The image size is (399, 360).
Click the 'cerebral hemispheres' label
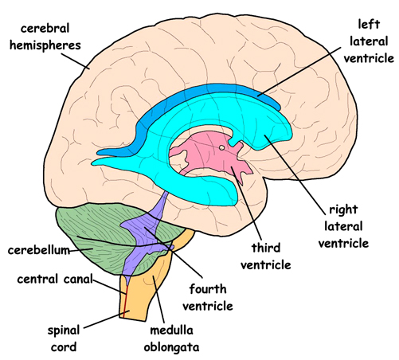(45, 37)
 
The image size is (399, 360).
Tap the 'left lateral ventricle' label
(369, 41)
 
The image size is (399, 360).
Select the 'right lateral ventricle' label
(343, 226)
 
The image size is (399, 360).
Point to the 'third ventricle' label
(266, 256)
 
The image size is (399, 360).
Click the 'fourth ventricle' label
(208, 297)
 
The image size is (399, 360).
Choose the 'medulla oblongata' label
(171, 338)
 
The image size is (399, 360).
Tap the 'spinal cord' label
(64, 338)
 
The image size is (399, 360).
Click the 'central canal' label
(55, 279)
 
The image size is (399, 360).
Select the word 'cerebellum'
(39, 250)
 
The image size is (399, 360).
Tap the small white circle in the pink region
(221, 147)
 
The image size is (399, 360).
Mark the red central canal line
(125, 301)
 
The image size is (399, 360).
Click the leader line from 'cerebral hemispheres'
(76, 61)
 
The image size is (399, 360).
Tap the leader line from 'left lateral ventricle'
(299, 71)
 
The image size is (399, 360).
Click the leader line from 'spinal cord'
(108, 319)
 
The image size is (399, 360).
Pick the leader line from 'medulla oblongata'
(158, 299)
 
